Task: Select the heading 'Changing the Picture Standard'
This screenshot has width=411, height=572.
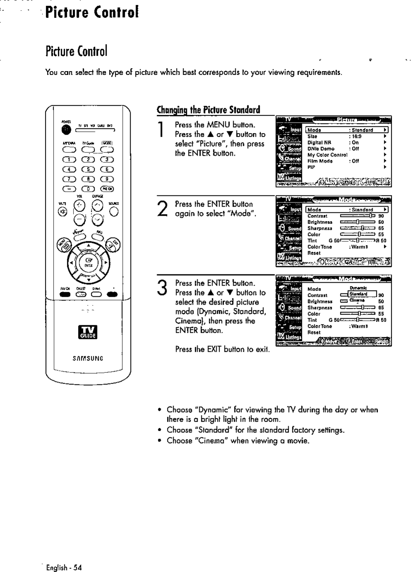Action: click(208, 110)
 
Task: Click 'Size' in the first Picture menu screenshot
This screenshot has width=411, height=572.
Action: click(312, 136)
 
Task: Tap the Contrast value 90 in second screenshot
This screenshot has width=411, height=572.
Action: click(381, 215)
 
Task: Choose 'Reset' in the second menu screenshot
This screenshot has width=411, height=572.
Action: click(314, 253)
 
